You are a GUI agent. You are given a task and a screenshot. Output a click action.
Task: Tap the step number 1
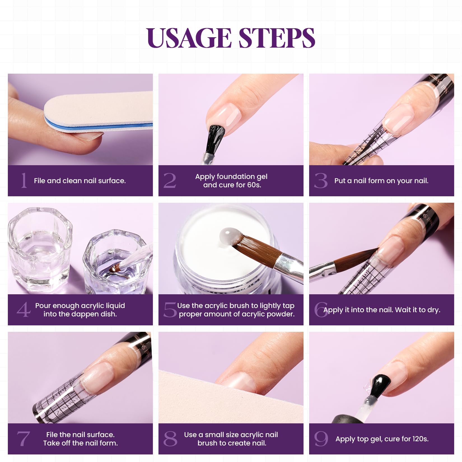click(24, 180)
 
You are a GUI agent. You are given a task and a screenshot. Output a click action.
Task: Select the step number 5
click(170, 310)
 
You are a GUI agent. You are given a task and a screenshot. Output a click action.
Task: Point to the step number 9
click(321, 439)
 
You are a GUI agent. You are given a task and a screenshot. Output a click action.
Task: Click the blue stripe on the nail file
click(98, 126)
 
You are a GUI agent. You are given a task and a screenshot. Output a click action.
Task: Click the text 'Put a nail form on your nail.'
click(381, 181)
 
